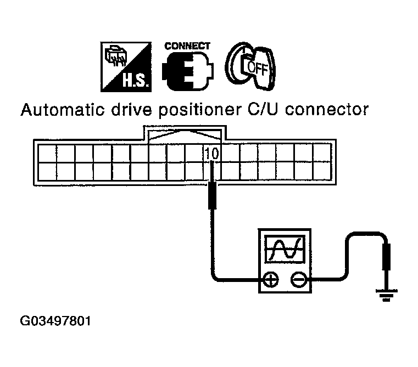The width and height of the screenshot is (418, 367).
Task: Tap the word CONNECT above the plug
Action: [187, 46]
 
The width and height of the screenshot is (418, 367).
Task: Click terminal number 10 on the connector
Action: [211, 154]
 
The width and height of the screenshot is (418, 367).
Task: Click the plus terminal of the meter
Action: [270, 280]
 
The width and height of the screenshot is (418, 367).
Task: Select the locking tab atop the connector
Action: [184, 134]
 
